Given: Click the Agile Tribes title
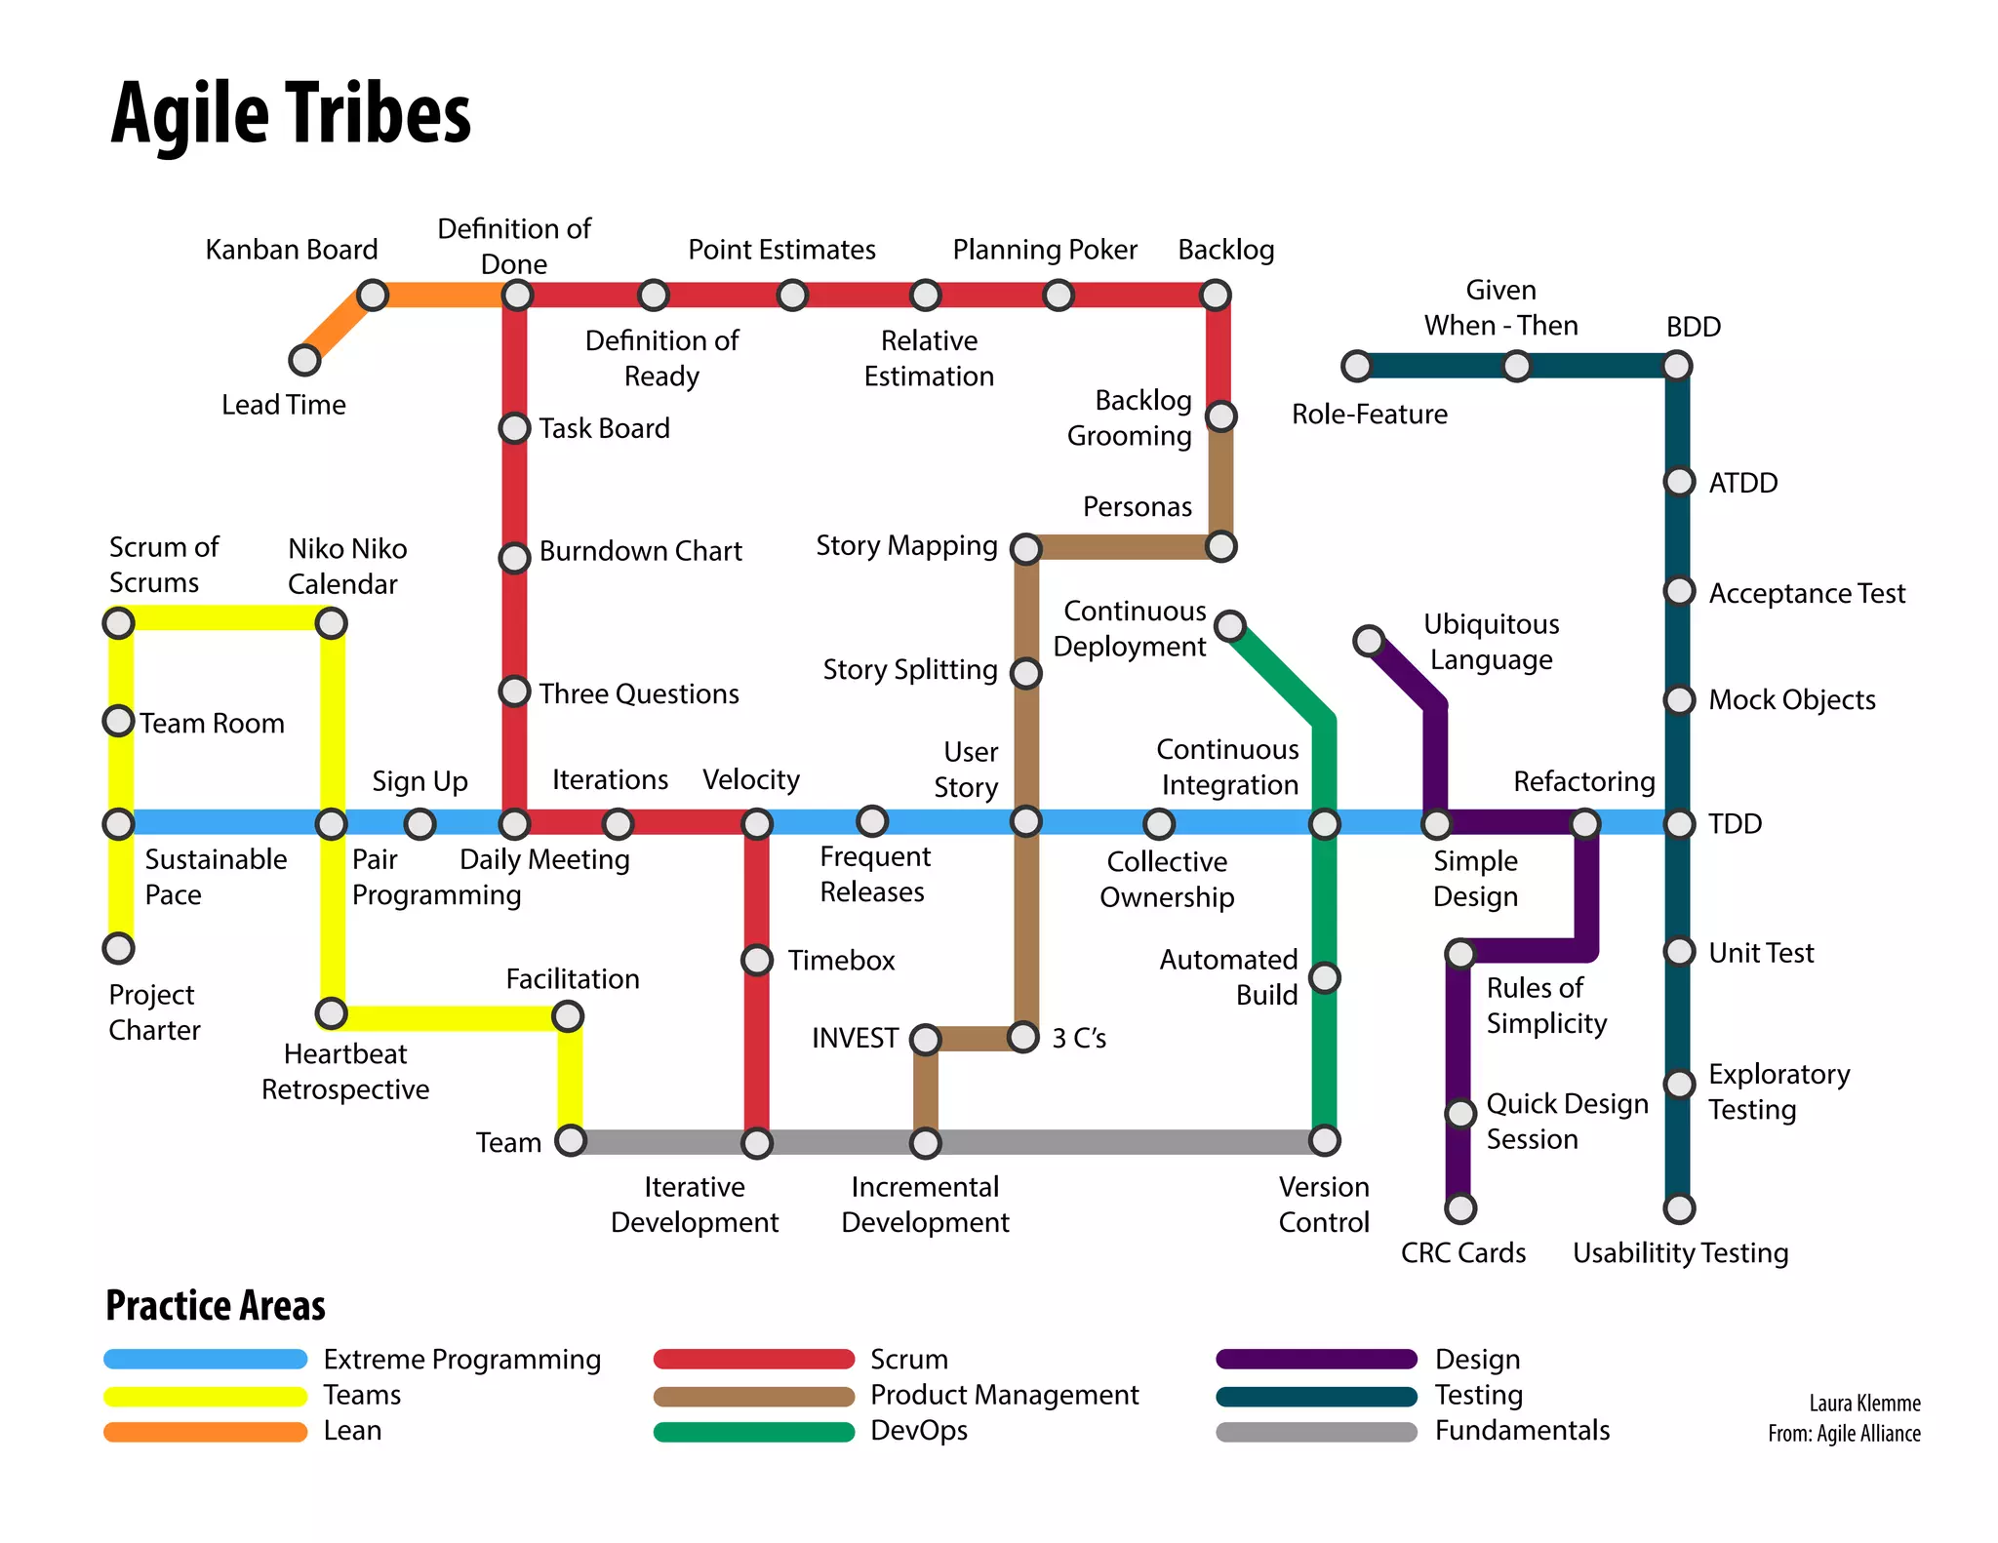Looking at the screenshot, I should [x=291, y=113].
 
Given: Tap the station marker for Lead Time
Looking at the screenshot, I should [x=304, y=361].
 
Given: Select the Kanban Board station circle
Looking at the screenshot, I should [x=372, y=295].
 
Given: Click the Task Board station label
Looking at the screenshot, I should [x=604, y=428].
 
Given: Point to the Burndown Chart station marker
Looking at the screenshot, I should [x=514, y=558].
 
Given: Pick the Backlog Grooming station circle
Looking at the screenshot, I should [x=1220, y=416].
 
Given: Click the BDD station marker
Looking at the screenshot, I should [x=1676, y=367].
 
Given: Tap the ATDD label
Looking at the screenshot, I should [x=1742, y=483].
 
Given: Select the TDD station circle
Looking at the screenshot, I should [x=1679, y=824].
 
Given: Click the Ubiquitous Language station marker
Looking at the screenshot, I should [x=1369, y=641].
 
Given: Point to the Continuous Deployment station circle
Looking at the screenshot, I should [x=1230, y=625].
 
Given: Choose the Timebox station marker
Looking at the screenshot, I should [x=757, y=960].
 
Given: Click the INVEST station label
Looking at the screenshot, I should [x=855, y=1038].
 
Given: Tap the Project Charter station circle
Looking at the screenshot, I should [x=118, y=947].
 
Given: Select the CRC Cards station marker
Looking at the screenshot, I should [x=1459, y=1208].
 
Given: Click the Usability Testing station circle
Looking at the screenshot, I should [x=1679, y=1208].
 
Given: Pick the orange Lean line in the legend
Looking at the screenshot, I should [x=205, y=1432].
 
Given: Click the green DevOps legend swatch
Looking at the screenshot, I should [x=754, y=1432].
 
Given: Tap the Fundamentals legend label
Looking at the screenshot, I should [x=1522, y=1431].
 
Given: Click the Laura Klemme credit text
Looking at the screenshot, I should [x=1864, y=1404].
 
